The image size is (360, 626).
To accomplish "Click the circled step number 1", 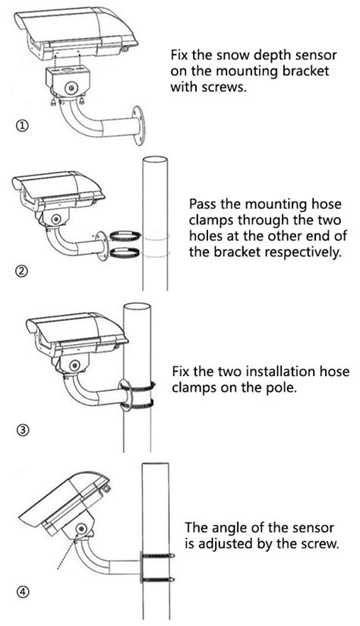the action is tap(22, 126).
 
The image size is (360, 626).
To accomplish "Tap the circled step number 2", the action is tap(22, 271).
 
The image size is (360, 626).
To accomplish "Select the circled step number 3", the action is tap(22, 431).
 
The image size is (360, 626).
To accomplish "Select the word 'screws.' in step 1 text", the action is tap(225, 87).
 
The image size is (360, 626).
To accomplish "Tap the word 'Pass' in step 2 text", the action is tap(203, 204).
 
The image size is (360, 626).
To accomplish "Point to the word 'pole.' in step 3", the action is tap(283, 387).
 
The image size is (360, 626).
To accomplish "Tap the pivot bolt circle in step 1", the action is tap(72, 88).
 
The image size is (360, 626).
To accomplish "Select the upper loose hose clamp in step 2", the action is tap(125, 236).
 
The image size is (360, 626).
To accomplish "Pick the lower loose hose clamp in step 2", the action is tap(125, 252).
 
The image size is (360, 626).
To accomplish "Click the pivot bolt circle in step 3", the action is tap(74, 365).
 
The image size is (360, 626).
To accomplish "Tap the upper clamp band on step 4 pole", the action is tap(158, 555).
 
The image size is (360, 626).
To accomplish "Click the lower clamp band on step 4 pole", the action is tap(158, 580).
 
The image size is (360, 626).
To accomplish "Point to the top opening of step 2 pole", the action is tap(155, 160).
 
